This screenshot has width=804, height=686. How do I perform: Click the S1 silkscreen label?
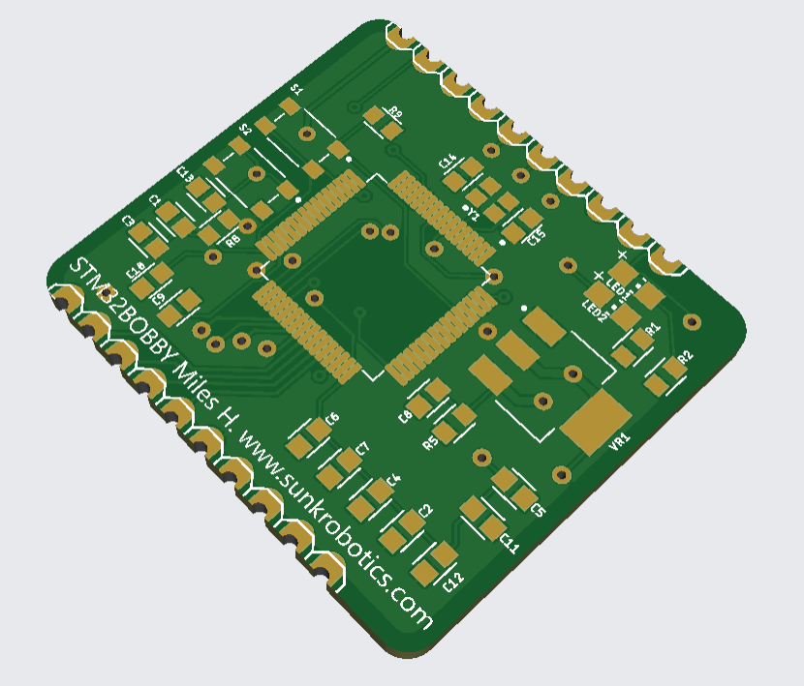click(x=297, y=89)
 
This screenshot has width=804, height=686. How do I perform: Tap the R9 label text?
click(x=395, y=113)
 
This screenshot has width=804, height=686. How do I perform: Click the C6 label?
click(x=332, y=419)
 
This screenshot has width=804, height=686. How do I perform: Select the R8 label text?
click(x=232, y=243)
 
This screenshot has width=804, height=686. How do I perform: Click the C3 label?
click(x=129, y=222)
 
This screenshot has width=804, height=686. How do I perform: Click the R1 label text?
click(x=652, y=329)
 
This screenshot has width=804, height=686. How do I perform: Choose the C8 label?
click(x=406, y=416)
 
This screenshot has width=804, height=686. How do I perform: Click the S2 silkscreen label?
click(x=246, y=128)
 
